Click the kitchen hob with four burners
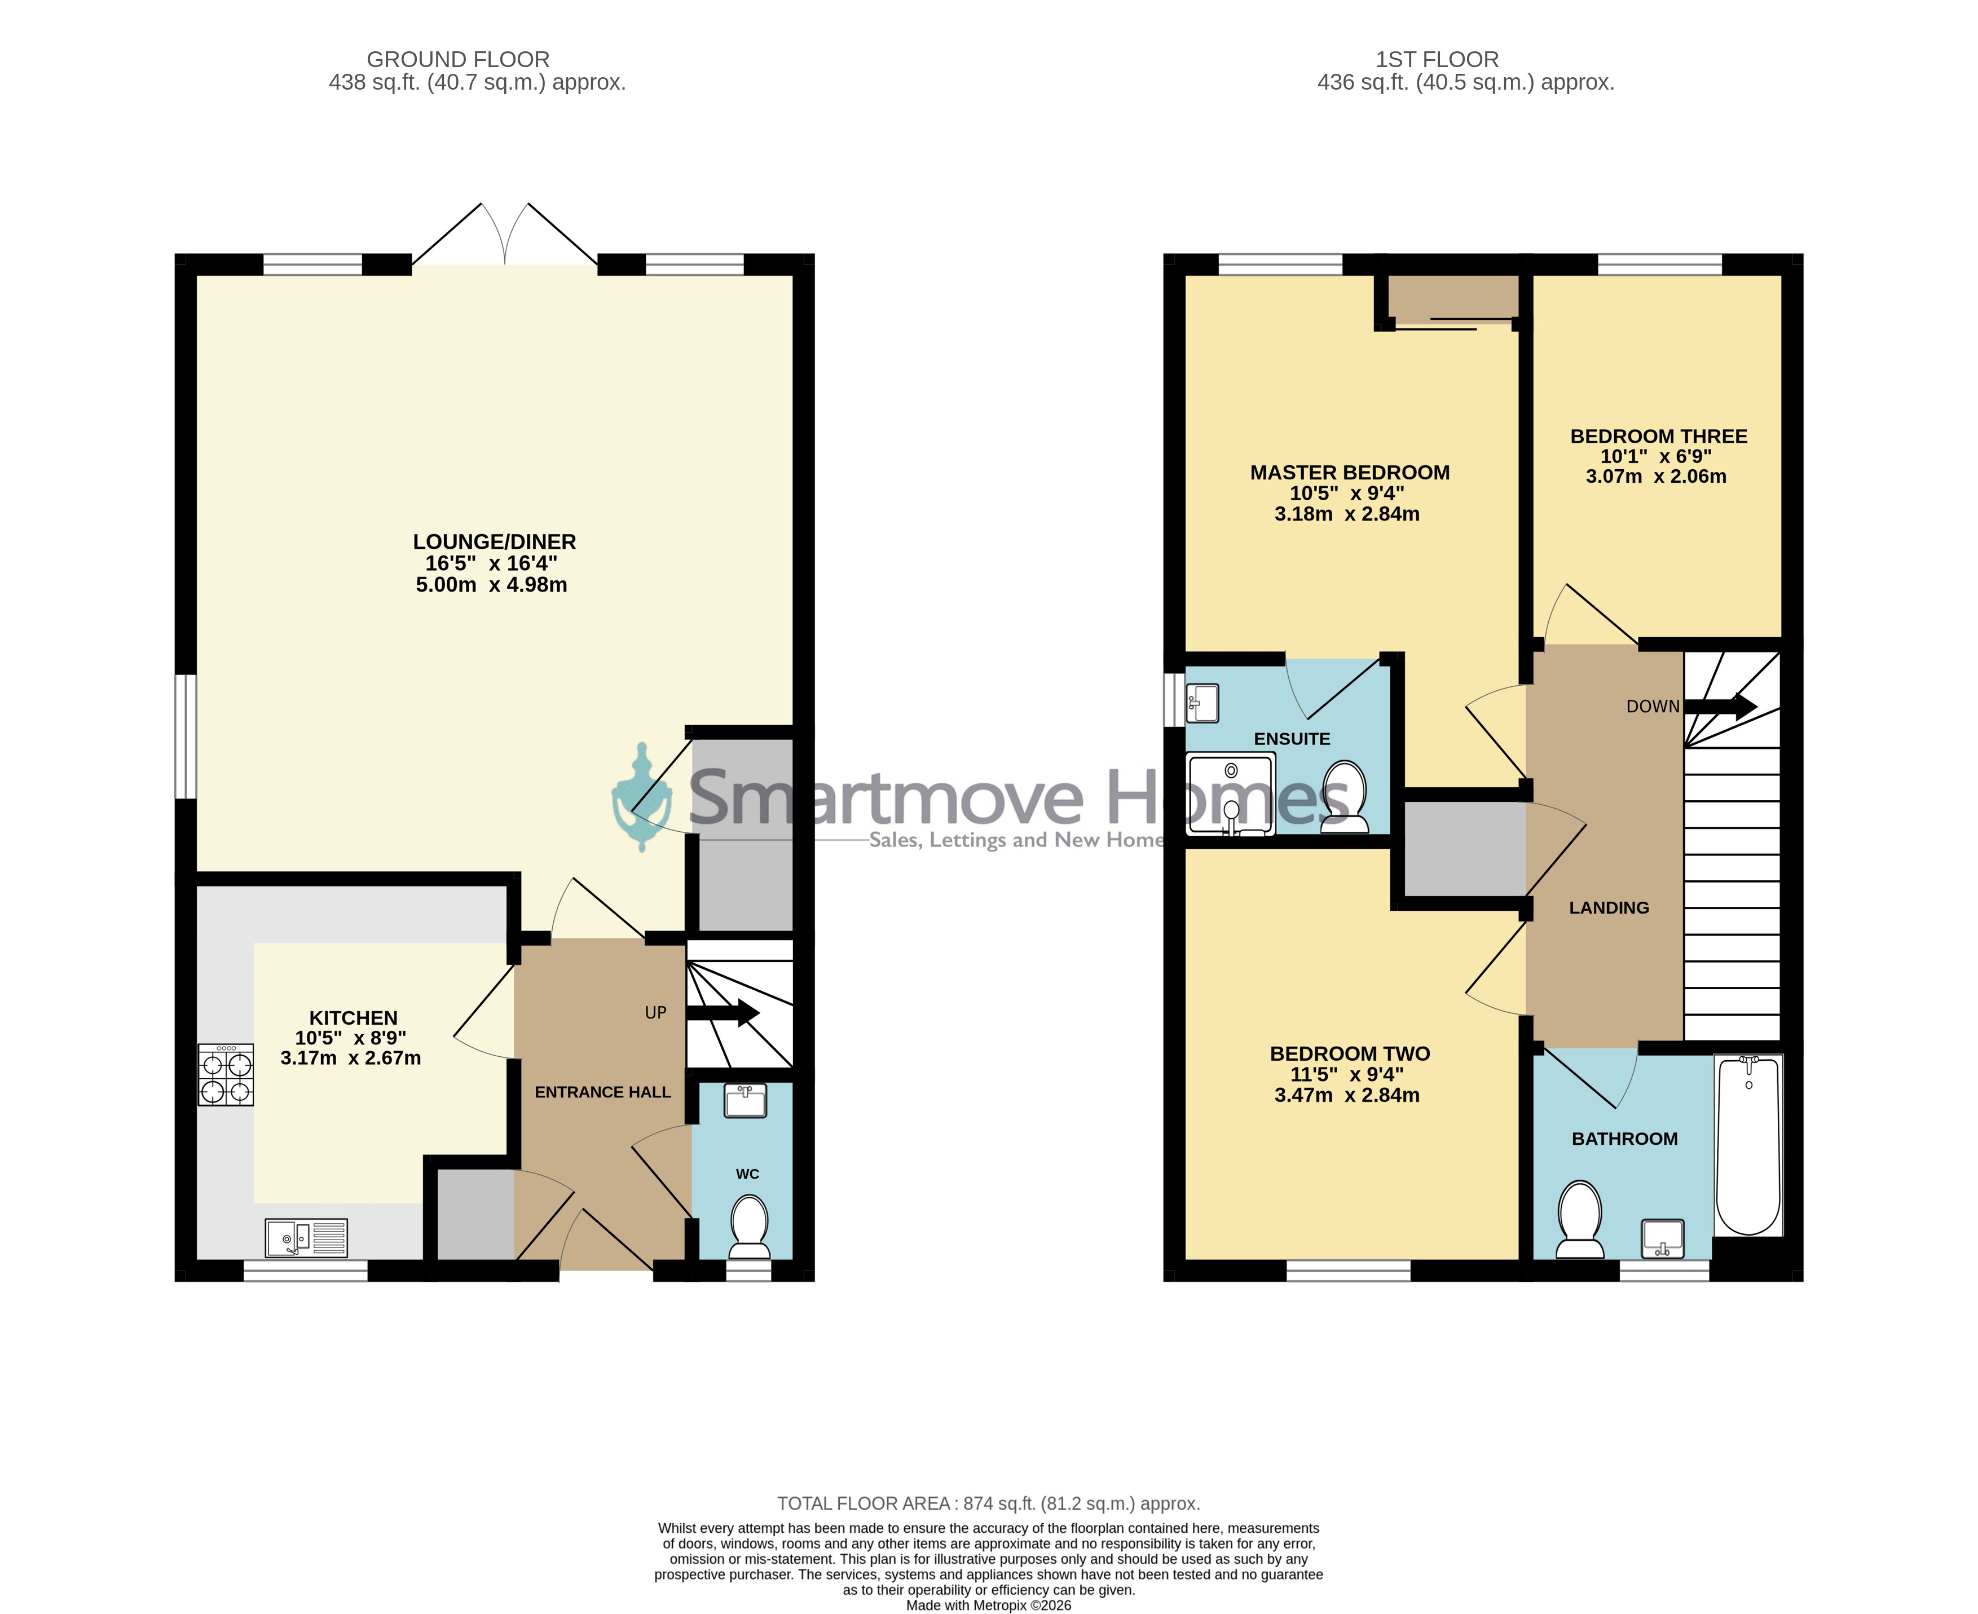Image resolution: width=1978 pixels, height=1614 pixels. (x=225, y=1075)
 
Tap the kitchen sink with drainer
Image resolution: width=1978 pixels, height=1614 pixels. (x=306, y=1237)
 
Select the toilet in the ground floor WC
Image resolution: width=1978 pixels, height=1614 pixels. (x=750, y=1227)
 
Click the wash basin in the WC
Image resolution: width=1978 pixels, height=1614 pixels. (x=745, y=1101)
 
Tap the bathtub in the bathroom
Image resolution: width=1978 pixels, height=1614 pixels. (x=1748, y=1144)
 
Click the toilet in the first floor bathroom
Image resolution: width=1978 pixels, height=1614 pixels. (x=1579, y=1219)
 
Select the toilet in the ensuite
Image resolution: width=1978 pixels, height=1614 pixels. (x=1345, y=797)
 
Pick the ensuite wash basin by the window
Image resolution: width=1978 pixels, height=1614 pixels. (x=1202, y=703)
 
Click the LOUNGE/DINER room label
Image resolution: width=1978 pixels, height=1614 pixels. (x=495, y=542)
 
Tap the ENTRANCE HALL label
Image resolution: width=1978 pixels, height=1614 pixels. (x=602, y=1092)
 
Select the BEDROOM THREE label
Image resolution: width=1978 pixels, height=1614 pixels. (x=1659, y=436)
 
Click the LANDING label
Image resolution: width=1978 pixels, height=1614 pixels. (x=1609, y=907)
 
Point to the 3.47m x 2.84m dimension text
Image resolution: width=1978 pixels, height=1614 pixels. (x=1346, y=1095)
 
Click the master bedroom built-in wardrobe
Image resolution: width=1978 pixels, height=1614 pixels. (x=1452, y=298)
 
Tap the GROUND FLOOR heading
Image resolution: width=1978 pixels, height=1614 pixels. (x=459, y=60)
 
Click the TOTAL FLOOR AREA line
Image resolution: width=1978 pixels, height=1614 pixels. (x=989, y=1503)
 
